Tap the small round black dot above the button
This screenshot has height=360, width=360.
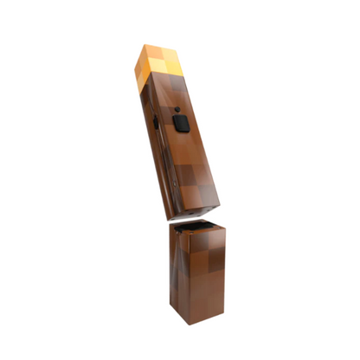(177, 111)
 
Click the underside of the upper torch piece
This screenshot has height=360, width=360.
(192, 212)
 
